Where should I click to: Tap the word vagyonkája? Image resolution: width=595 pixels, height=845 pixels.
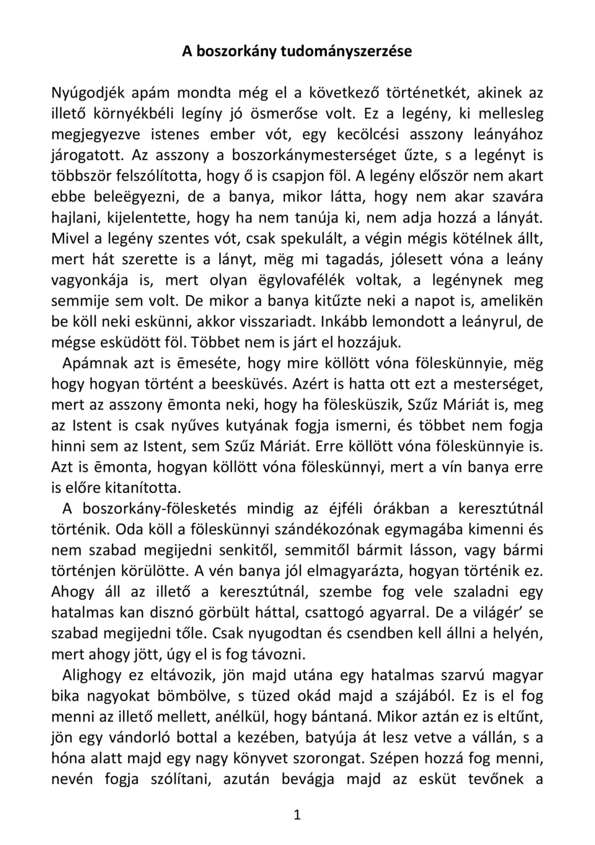point(90,280)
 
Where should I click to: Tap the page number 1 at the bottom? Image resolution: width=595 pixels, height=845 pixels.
point(297,815)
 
